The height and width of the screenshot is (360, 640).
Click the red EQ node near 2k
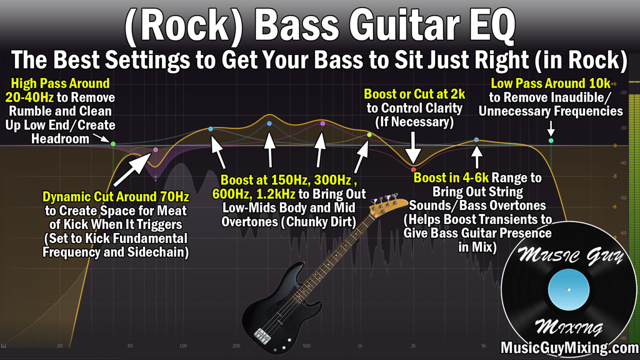click(x=413, y=170)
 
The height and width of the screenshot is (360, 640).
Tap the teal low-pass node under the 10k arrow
click(x=551, y=140)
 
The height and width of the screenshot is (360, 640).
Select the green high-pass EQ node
click(x=113, y=144)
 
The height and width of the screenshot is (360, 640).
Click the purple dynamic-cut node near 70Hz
click(x=156, y=150)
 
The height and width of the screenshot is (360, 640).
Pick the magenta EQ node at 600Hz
click(x=322, y=124)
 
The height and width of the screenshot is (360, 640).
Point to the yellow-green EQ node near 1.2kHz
click(x=369, y=135)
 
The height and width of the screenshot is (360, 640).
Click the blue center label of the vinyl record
click(x=569, y=290)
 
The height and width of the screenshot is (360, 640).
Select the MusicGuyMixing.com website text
click(x=570, y=348)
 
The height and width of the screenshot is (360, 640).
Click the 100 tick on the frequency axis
click(x=183, y=346)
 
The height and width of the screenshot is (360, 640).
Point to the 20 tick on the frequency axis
click(x=60, y=346)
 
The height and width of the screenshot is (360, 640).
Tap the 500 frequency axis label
click(x=307, y=346)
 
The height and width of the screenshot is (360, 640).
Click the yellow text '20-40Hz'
click(x=30, y=97)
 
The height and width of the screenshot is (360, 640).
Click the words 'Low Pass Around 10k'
click(x=550, y=83)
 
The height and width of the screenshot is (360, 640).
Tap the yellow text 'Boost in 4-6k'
click(x=451, y=178)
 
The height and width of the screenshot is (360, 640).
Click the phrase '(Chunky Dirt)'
click(x=318, y=222)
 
